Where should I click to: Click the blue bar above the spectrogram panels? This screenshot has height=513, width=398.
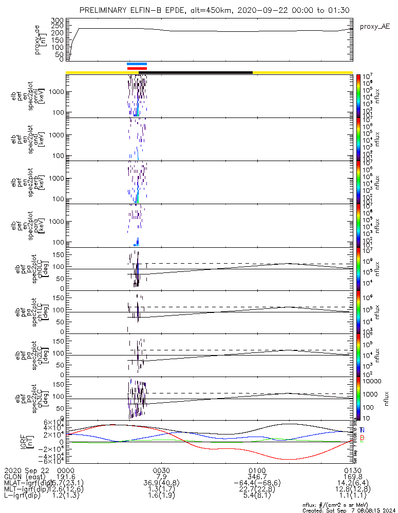pyautogui.click(x=137, y=64)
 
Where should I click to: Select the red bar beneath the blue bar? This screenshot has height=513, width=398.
pyautogui.click(x=137, y=68)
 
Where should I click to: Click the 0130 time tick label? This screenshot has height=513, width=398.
pyautogui.click(x=353, y=470)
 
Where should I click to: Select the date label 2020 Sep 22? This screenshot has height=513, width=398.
pyautogui.click(x=25, y=470)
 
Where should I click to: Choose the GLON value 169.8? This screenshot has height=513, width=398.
pyautogui.click(x=353, y=477)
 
